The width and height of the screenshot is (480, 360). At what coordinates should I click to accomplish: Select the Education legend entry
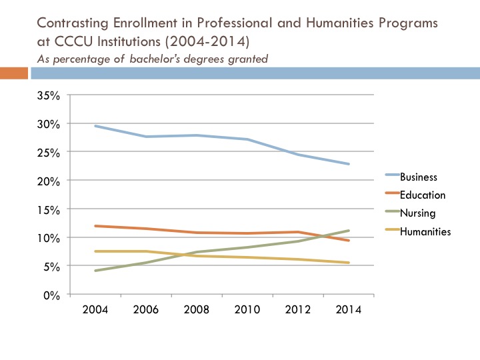[422, 195]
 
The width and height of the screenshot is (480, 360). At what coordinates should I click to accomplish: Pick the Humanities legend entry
[425, 231]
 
